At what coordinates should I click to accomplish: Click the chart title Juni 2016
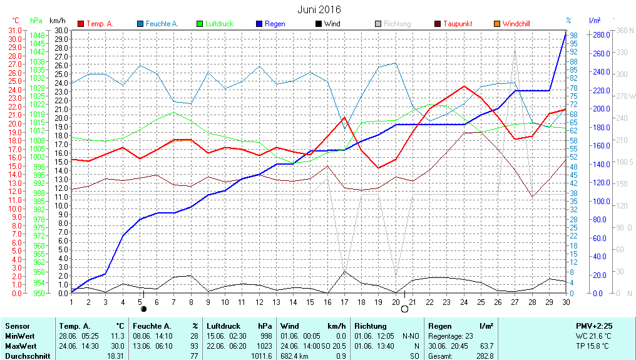click(319, 9)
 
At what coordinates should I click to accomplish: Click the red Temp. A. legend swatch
click(81, 24)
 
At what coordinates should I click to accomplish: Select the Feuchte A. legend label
click(162, 24)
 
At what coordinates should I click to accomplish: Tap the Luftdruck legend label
click(219, 24)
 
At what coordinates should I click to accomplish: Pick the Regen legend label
click(275, 24)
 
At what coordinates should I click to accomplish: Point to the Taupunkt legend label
click(458, 24)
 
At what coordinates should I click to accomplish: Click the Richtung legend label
click(397, 24)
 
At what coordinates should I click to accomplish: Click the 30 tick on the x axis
click(565, 301)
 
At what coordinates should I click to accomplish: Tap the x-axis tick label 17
click(344, 301)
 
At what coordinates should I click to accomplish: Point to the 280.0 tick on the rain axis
click(601, 34)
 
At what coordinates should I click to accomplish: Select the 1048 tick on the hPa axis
click(37, 35)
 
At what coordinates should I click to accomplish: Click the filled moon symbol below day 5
click(144, 309)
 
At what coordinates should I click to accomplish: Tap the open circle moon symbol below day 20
click(404, 309)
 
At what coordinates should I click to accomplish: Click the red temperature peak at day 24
click(464, 86)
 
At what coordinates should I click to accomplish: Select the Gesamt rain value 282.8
click(485, 356)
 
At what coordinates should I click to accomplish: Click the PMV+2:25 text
click(594, 326)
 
